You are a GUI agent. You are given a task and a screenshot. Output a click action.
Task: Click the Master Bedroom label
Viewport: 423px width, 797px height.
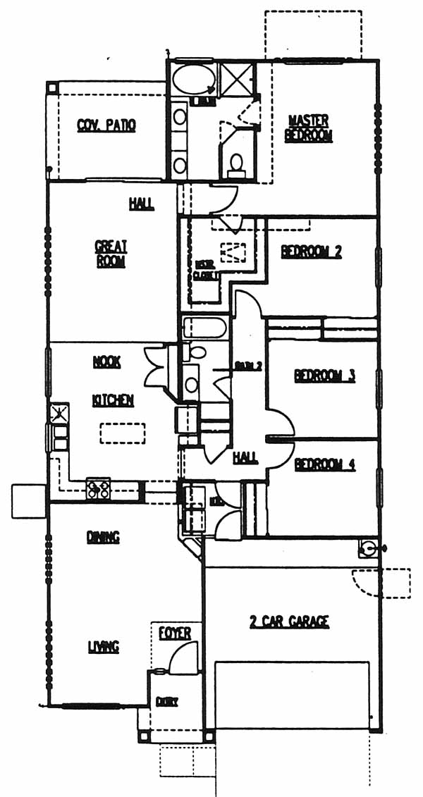click(308, 128)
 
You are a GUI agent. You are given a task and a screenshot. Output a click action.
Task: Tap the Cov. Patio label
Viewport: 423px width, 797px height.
click(106, 125)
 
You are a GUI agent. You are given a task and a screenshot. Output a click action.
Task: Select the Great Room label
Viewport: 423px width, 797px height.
click(111, 254)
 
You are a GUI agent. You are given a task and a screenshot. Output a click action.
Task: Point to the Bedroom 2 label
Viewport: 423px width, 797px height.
click(311, 252)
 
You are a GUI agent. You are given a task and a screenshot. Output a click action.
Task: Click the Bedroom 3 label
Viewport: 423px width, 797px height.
click(324, 376)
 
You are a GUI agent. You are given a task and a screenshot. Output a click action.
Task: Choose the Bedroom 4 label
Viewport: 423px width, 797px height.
click(324, 464)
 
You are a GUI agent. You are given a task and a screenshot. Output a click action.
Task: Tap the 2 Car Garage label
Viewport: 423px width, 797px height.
click(289, 622)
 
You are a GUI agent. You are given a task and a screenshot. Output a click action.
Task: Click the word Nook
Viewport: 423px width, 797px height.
click(106, 362)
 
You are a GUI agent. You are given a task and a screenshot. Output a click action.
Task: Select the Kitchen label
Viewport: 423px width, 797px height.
click(113, 400)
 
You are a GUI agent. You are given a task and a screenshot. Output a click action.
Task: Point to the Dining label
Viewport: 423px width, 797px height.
click(104, 537)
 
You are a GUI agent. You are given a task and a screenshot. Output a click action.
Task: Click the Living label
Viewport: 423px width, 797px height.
click(103, 646)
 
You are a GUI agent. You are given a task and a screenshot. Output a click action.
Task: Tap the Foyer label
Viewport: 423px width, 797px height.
click(174, 634)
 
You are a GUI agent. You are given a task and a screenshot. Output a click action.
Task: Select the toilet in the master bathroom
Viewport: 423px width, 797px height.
click(236, 163)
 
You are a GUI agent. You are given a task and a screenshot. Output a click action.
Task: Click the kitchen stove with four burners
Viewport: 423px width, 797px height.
click(99, 488)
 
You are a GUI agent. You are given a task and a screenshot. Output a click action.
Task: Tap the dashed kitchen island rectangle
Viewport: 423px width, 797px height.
click(122, 433)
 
